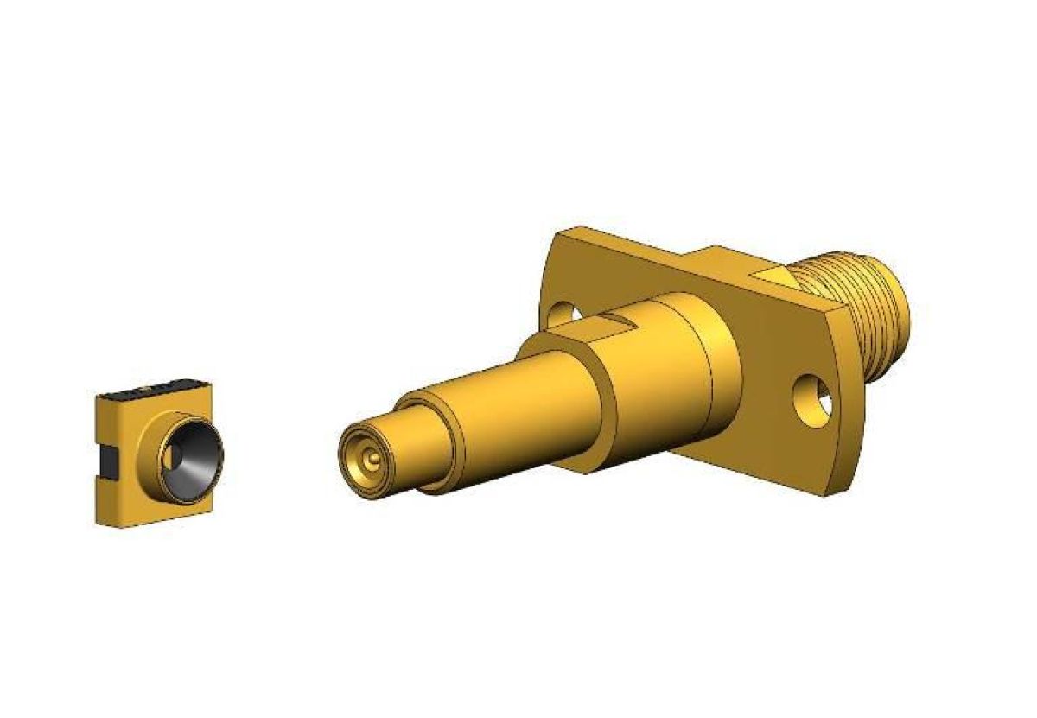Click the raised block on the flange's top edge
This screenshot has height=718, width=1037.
[717, 259]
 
